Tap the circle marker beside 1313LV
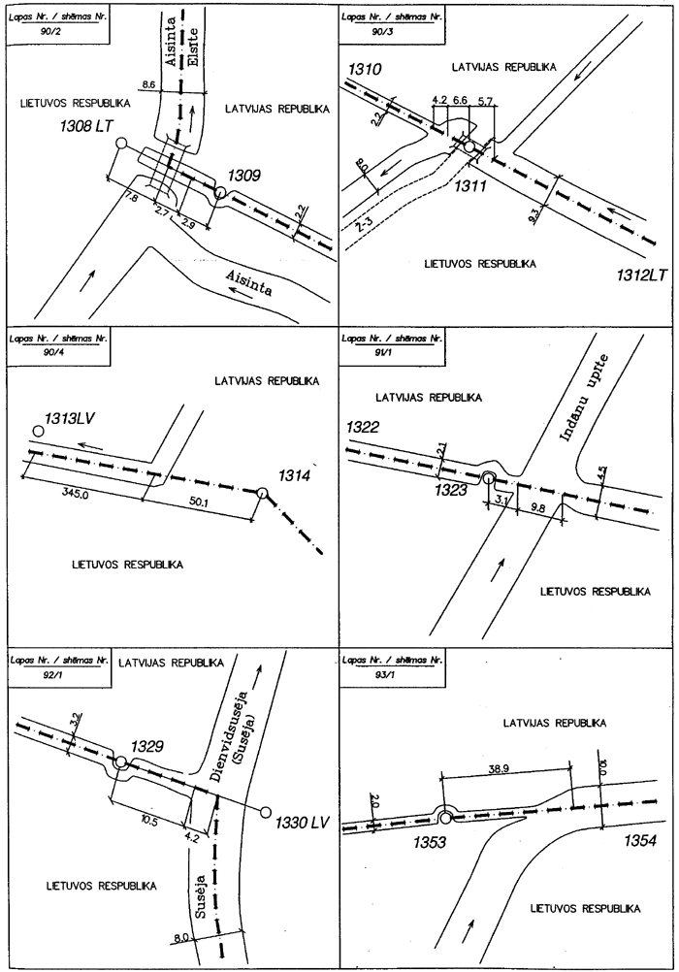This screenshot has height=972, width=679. [x=38, y=431]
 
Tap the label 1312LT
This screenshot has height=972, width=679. [x=642, y=275]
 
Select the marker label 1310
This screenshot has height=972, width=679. [x=365, y=69]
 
